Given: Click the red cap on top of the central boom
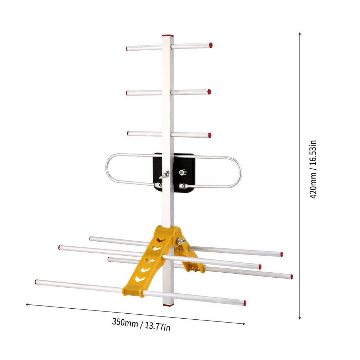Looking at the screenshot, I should pyautogui.click(x=168, y=36).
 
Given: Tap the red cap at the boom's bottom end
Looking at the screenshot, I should pyautogui.click(x=168, y=305).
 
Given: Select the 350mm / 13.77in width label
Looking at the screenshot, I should pyautogui.click(x=141, y=324).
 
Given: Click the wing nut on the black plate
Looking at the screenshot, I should pyautogui.click(x=164, y=175).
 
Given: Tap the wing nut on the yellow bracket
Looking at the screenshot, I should pyautogui.click(x=181, y=241).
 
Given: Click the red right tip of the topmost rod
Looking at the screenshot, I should pyautogui.click(x=211, y=45).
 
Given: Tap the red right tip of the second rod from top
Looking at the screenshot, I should pyautogui.click(x=209, y=92).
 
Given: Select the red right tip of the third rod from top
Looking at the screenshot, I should pyautogui.click(x=210, y=135).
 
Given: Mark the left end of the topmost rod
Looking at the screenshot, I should pyautogui.click(x=127, y=48).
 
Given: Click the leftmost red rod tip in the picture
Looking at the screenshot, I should pyautogui.click(x=36, y=282).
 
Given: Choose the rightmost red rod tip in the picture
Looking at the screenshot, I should pyautogui.click(x=291, y=277).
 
